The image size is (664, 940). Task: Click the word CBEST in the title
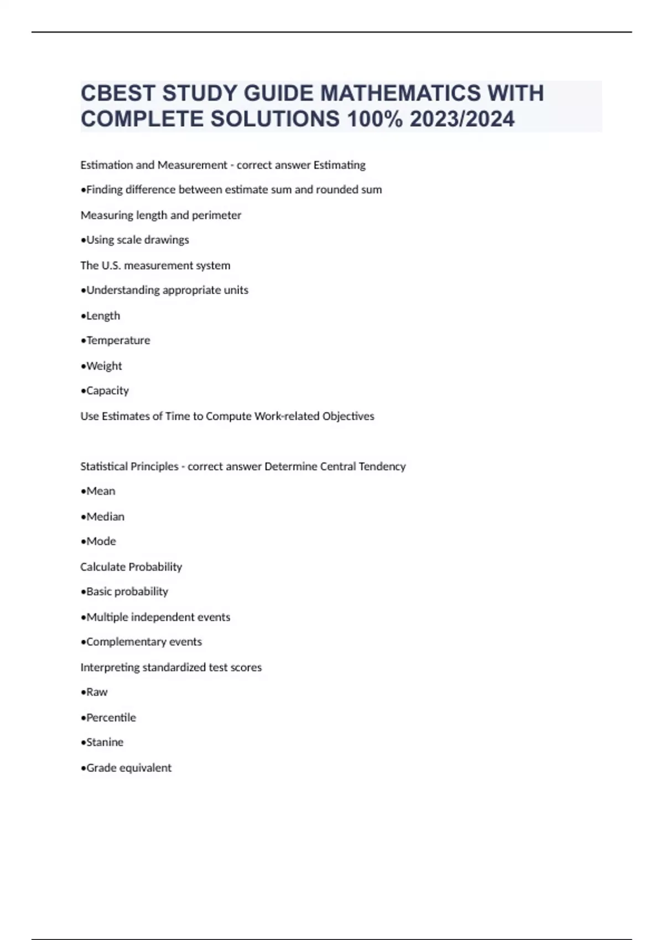point(117,93)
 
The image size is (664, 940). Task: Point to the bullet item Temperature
point(118,341)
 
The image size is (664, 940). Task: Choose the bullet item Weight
point(104,366)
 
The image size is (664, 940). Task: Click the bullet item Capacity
point(107,391)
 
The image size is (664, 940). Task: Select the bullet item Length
point(103,316)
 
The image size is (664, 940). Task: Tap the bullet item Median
point(105,517)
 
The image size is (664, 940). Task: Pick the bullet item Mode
point(101,541)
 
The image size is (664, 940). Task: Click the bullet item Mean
point(101,491)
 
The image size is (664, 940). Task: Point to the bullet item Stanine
point(105,742)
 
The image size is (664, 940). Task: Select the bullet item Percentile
point(111,718)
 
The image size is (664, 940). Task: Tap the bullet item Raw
point(97,692)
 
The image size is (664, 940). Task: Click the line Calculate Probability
point(131,567)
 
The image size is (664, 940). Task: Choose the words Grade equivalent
point(129,768)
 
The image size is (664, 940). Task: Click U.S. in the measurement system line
point(111,265)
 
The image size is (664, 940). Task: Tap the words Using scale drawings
point(138,240)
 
